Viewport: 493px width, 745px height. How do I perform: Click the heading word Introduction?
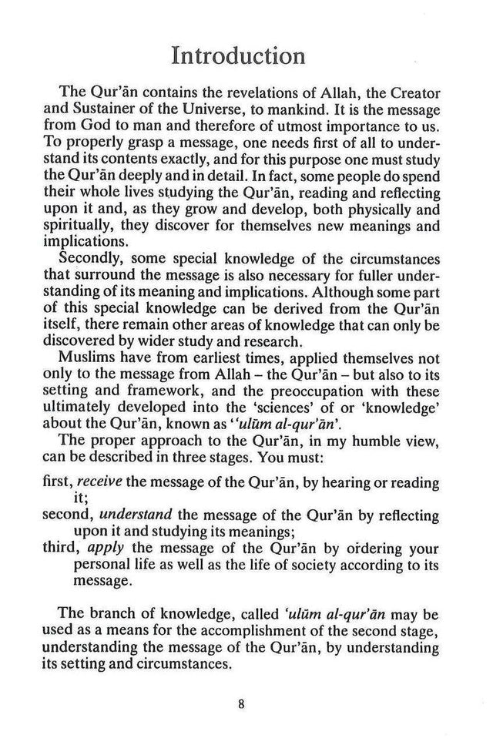[238, 55]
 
